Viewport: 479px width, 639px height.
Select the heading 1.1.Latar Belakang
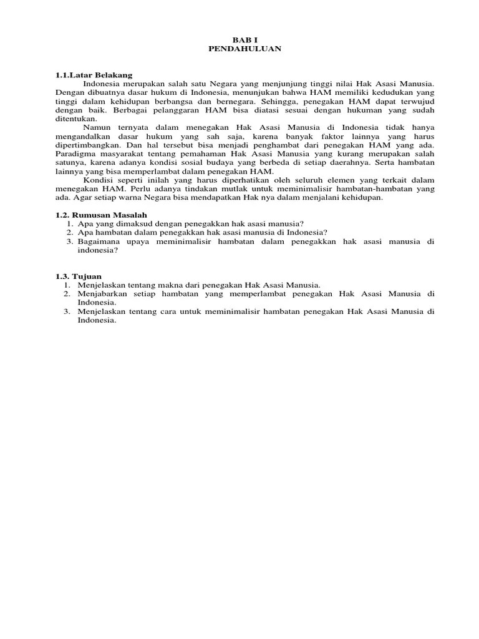[x=95, y=75]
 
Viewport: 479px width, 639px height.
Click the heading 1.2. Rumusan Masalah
[x=101, y=214]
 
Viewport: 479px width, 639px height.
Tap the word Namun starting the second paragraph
[x=96, y=127]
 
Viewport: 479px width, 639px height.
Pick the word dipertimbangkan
[x=85, y=145]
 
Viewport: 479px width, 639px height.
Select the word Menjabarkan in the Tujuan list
[x=102, y=293]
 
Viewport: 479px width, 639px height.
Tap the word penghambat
[x=265, y=145]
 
